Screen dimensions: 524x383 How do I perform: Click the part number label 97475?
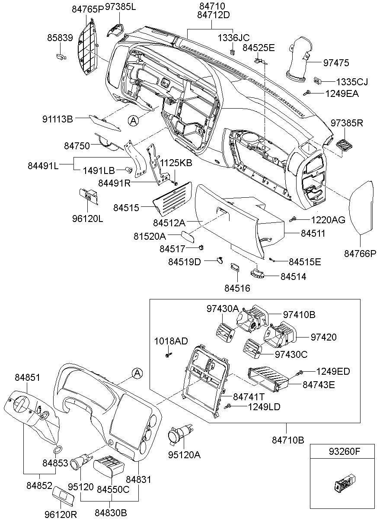click(x=336, y=63)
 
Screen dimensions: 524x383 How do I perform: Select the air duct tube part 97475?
click(x=301, y=60)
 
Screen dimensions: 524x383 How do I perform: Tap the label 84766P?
click(x=361, y=254)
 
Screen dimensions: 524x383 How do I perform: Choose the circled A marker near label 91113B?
click(x=134, y=121)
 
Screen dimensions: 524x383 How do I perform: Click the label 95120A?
click(x=185, y=455)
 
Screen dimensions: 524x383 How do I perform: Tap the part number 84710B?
click(x=288, y=440)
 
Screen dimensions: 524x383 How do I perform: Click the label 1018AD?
click(x=171, y=341)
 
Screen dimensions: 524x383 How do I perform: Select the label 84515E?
click(x=305, y=262)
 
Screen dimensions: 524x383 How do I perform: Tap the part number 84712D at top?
click(x=213, y=15)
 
